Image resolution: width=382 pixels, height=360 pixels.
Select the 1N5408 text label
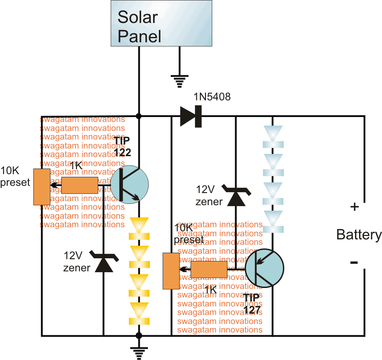pos(212,97)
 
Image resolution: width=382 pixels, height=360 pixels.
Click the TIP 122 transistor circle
pos(129,184)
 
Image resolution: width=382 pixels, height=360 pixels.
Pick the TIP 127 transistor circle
pos(264,268)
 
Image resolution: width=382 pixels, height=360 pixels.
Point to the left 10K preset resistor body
pos(42,187)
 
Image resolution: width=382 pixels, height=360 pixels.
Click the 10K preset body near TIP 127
pos(171,271)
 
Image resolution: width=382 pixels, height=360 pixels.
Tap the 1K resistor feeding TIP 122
pos(79,185)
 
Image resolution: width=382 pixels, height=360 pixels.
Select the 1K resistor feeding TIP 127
pos(209,270)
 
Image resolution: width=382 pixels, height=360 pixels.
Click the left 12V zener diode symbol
pos(104,262)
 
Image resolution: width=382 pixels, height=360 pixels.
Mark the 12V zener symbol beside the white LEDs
pos(236,197)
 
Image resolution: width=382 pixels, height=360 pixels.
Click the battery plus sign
pos(355,207)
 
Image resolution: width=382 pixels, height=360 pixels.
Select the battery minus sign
pos(355,262)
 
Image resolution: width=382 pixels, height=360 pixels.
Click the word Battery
pos(359,234)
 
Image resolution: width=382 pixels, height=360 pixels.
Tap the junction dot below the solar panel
pos(139,116)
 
